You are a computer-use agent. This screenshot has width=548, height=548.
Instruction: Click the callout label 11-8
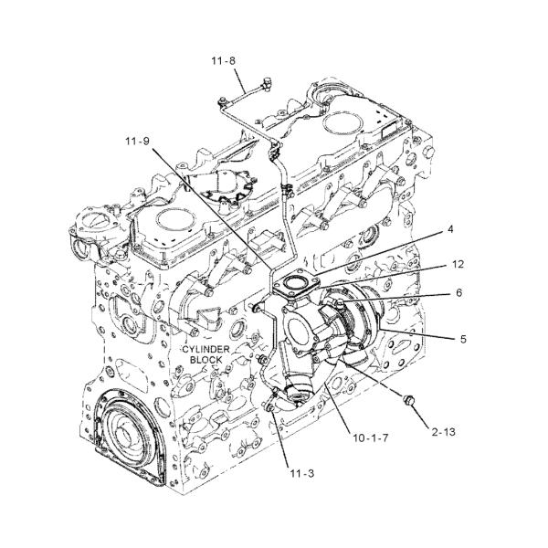[x=223, y=61]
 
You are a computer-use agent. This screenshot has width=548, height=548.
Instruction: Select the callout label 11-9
[x=137, y=141]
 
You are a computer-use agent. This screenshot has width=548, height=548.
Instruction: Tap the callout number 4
[x=450, y=229]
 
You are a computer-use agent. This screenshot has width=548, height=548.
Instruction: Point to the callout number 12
[x=458, y=264]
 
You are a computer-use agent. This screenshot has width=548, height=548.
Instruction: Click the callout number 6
[x=458, y=292]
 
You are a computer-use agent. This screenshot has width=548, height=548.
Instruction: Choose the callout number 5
[x=463, y=339]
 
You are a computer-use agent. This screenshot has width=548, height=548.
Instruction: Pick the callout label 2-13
[x=444, y=432]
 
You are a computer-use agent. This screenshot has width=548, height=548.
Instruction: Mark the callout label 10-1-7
[x=371, y=437]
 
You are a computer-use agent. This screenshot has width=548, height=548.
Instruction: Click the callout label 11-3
[x=302, y=473]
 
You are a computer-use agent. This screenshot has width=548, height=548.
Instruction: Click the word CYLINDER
[x=206, y=349]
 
